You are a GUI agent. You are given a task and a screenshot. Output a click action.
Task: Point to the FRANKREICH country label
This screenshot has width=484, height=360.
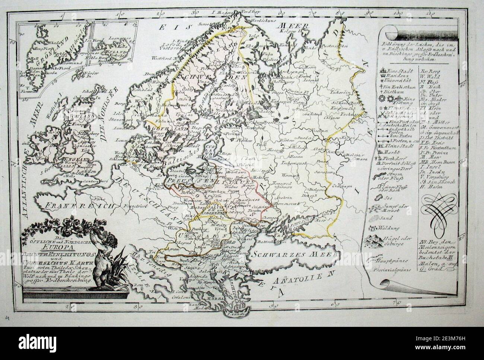click(69, 205)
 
